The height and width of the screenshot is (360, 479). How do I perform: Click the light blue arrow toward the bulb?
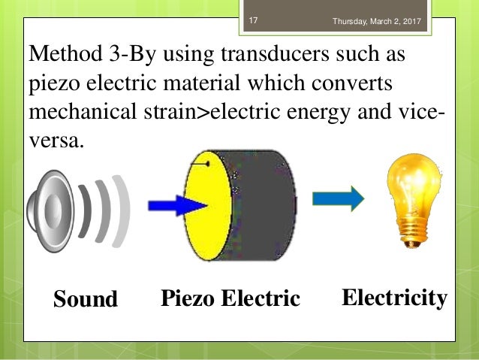tap(338, 198)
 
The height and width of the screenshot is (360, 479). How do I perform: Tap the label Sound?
tap(86, 300)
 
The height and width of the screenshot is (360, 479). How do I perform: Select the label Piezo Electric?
tap(230, 299)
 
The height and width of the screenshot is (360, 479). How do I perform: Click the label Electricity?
tap(394, 298)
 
